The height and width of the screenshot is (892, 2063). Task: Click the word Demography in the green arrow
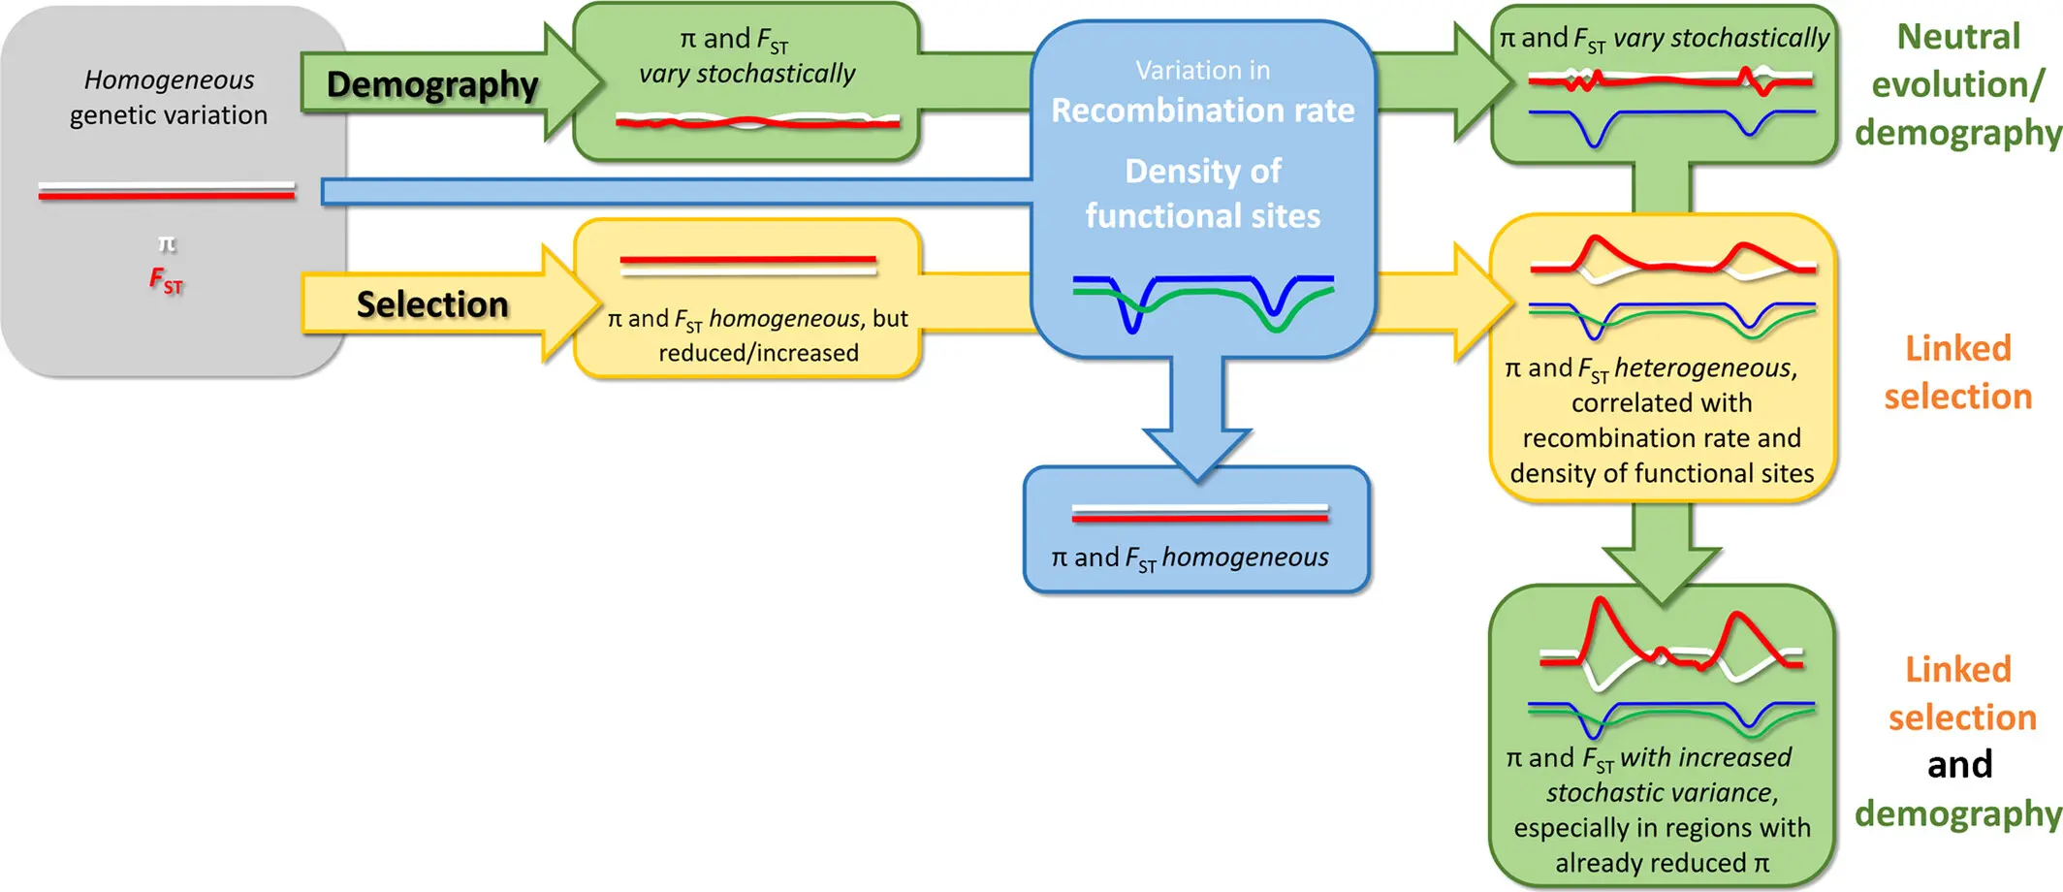click(x=432, y=85)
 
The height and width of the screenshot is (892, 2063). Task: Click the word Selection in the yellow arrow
click(x=432, y=304)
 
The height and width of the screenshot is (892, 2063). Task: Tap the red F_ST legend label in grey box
click(x=166, y=281)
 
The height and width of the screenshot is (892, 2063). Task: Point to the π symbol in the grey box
click(x=167, y=242)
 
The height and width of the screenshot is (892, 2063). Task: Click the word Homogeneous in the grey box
click(x=169, y=80)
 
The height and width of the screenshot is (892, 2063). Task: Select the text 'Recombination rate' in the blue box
click(x=1203, y=111)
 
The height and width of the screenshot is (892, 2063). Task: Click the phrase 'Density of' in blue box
click(x=1203, y=172)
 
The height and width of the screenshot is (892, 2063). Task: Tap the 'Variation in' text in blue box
click(x=1203, y=70)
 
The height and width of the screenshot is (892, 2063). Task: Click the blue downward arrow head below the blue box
click(x=1197, y=455)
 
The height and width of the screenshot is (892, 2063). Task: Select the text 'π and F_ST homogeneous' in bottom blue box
click(x=1190, y=557)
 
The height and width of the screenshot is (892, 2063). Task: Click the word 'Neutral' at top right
click(x=1958, y=37)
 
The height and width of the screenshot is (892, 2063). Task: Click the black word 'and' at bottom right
click(x=1959, y=764)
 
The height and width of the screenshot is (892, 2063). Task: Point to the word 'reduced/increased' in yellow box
click(x=759, y=352)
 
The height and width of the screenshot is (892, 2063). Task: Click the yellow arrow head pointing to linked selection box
click(x=1484, y=302)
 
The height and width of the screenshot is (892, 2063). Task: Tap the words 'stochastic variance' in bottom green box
click(x=1662, y=793)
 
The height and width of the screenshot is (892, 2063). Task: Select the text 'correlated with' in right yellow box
click(x=1662, y=402)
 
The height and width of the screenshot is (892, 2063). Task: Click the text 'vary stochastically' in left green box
click(x=747, y=74)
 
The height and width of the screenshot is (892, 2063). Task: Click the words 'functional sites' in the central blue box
click(x=1203, y=215)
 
